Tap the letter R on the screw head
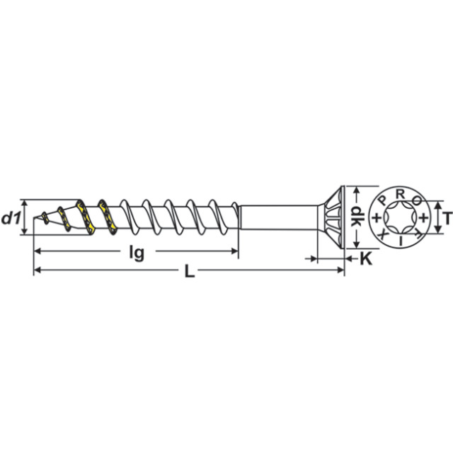tap(400, 193)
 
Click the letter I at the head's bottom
tap(401, 242)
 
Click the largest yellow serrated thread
tap(108, 217)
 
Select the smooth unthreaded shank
tap(276, 217)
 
